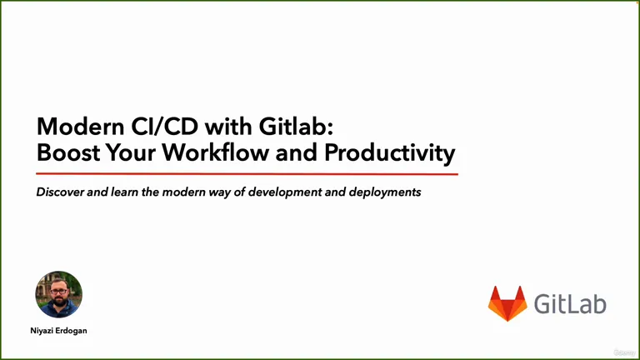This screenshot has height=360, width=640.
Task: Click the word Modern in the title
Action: (80, 127)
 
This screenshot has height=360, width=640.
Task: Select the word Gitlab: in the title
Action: (296, 127)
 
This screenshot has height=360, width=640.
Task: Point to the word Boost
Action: (68, 152)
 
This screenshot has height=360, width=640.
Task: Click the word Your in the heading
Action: (131, 152)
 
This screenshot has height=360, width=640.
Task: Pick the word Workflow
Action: (216, 152)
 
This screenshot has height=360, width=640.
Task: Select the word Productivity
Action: (390, 153)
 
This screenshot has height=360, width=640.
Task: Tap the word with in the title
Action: (228, 127)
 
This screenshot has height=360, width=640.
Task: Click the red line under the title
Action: (247, 174)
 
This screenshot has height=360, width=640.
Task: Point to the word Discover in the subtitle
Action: (60, 192)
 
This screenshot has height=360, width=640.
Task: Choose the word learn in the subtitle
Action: (124, 192)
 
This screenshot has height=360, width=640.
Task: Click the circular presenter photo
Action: (59, 294)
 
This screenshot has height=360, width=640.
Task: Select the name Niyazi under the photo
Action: (42, 331)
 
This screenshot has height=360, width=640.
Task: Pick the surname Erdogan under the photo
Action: (71, 331)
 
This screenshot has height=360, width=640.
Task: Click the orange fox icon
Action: (507, 303)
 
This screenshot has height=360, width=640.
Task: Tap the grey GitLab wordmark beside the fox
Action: (570, 303)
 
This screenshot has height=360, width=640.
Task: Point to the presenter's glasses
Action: (59, 292)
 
